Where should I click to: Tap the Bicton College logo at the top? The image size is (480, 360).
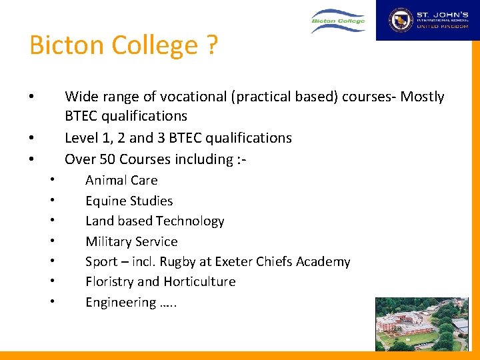coord(339,21)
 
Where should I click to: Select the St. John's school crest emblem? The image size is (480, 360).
coord(401,20)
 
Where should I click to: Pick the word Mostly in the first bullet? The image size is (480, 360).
coord(422,97)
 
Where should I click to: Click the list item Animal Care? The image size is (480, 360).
coord(121,180)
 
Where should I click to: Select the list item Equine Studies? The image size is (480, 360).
coord(129,201)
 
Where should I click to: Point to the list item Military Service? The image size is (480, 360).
coord(131,241)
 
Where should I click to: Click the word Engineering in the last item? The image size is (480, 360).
coord(120,303)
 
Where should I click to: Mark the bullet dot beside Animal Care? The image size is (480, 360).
coord(52,181)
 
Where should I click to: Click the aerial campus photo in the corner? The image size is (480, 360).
coord(427,324)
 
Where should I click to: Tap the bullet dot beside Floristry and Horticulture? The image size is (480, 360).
coord(52,282)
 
